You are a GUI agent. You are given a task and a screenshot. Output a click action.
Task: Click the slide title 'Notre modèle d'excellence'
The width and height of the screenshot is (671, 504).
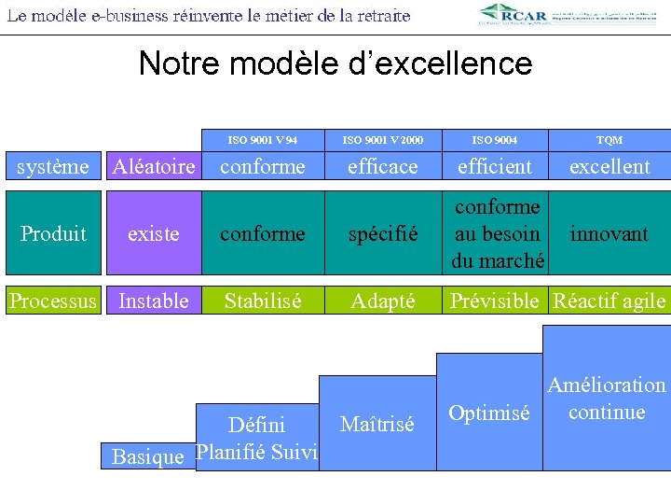[335, 63]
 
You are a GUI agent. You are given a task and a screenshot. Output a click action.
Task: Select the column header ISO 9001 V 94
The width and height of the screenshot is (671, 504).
[262, 140]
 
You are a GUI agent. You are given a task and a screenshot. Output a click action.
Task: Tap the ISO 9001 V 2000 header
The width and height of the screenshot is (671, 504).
[382, 140]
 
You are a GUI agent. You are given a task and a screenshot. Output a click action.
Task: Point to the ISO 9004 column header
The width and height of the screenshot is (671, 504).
[495, 140]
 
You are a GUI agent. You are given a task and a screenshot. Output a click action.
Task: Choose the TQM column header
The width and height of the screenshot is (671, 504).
[609, 140]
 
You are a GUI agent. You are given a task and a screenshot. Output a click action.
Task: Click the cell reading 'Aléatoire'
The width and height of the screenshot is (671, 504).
[153, 167]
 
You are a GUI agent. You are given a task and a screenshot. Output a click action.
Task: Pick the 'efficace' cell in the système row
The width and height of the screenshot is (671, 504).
[382, 167]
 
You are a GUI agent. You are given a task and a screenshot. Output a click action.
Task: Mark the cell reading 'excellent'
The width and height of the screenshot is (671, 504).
[609, 167]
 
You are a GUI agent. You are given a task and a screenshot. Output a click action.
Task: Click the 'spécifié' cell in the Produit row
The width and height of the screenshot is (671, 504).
[382, 233]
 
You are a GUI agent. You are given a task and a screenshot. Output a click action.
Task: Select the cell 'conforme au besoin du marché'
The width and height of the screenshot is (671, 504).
[495, 233]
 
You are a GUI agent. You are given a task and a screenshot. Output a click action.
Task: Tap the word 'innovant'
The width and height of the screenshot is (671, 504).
[609, 233]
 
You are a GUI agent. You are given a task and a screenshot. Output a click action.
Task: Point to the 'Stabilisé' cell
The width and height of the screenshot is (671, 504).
[262, 301]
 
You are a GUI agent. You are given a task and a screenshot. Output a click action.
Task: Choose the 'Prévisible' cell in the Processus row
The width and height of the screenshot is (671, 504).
[495, 301]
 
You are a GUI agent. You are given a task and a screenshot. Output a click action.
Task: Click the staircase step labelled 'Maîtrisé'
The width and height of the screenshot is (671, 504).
[377, 425]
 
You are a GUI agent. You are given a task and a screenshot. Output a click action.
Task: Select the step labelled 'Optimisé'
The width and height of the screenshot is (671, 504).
[488, 413]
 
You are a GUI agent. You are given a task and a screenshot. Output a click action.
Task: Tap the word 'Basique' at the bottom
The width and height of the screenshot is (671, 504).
[147, 456]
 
